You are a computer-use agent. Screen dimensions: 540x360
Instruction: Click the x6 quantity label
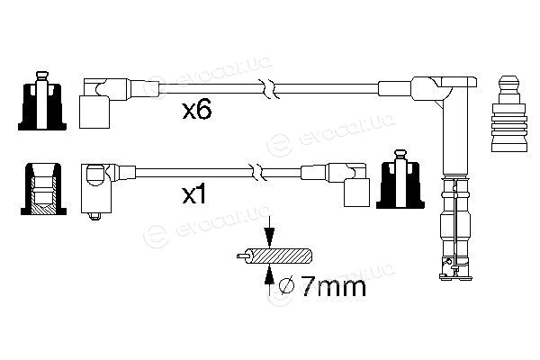click(x=197, y=111)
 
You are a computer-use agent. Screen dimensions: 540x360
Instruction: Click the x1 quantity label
click(x=194, y=195)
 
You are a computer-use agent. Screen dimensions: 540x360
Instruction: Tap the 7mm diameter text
click(x=333, y=286)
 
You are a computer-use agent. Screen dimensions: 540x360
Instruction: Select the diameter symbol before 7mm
click(x=287, y=285)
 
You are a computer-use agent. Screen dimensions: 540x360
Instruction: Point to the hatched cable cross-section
click(x=281, y=256)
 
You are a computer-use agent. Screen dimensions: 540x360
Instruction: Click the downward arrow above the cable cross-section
click(x=269, y=232)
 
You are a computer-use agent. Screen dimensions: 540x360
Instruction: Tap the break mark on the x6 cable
click(x=270, y=88)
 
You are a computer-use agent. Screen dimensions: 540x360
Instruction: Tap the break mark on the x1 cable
click(x=257, y=172)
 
